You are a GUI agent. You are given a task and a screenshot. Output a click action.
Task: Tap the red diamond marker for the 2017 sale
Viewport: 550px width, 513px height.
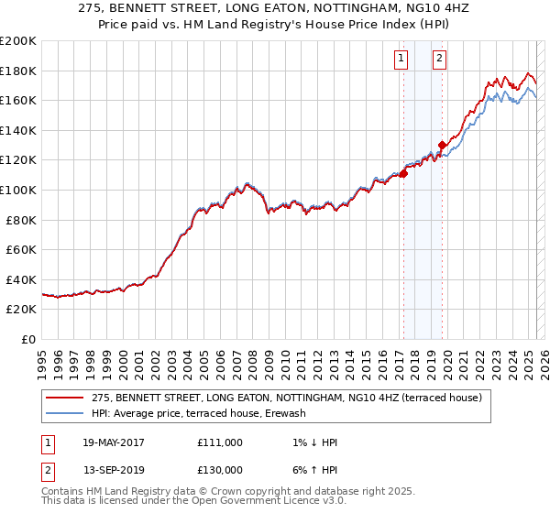403,173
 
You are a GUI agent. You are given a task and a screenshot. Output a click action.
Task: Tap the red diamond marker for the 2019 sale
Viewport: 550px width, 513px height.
442,145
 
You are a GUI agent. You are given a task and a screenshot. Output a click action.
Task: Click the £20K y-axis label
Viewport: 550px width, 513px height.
21,310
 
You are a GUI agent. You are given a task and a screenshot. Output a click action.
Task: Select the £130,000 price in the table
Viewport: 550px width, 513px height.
220,470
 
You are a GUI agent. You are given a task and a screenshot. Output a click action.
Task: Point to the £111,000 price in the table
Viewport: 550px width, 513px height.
220,442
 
